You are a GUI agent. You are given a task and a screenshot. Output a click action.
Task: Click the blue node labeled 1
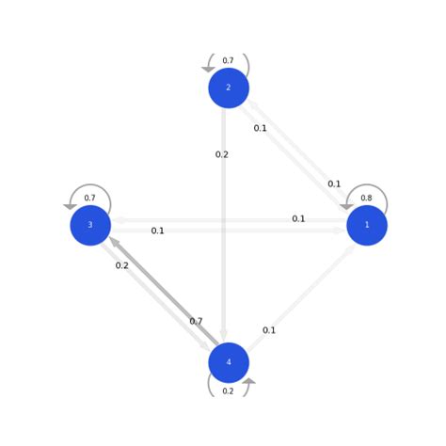click(x=367, y=226)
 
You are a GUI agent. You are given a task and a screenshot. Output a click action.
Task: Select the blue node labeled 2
click(x=229, y=88)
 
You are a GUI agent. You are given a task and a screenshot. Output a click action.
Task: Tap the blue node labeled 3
click(x=90, y=226)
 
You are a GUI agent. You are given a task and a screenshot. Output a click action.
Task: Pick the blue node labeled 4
click(x=229, y=363)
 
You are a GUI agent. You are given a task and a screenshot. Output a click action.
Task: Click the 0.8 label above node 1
click(x=366, y=199)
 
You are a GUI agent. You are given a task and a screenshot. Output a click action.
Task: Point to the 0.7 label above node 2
click(x=228, y=61)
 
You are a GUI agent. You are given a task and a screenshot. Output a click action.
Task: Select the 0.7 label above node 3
click(x=89, y=199)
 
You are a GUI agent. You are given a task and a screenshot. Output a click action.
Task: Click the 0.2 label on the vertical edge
click(x=221, y=154)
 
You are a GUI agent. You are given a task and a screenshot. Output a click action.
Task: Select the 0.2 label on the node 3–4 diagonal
click(x=122, y=265)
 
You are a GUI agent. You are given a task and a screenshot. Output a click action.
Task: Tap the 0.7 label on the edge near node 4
click(x=196, y=322)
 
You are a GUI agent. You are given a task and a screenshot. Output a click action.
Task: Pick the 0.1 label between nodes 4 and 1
click(x=269, y=330)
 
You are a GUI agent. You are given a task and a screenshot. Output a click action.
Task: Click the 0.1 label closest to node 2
click(x=261, y=128)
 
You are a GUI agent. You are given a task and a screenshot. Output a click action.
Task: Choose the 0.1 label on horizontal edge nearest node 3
click(x=157, y=231)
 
